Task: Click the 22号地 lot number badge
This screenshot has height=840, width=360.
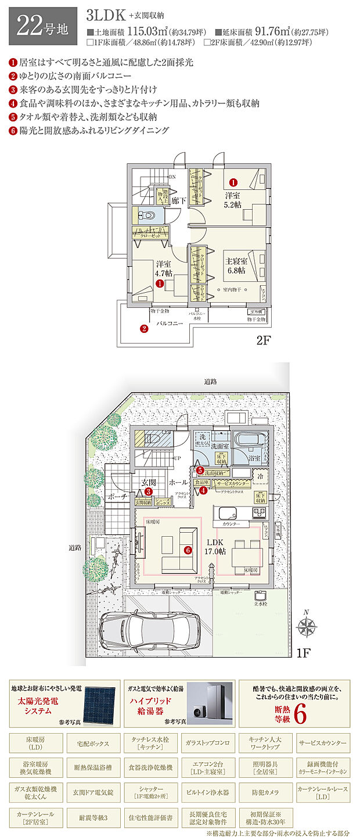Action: pyautogui.click(x=42, y=26)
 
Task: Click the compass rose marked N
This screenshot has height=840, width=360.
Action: pyautogui.click(x=306, y=626)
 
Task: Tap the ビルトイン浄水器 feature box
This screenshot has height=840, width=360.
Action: pyautogui.click(x=208, y=791)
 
